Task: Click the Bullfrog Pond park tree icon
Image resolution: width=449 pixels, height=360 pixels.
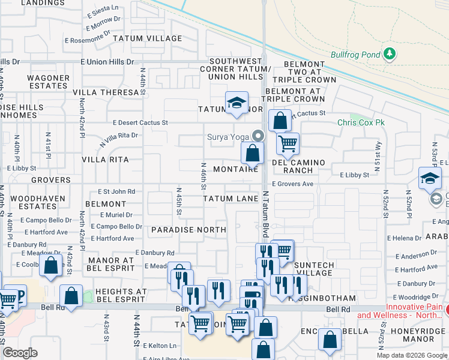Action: (x=390, y=54)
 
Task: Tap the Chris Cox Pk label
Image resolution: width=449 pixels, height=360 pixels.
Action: (x=361, y=122)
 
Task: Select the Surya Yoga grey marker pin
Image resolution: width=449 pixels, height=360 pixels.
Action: (x=258, y=136)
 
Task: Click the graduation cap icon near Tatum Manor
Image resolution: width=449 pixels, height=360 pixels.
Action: (x=237, y=103)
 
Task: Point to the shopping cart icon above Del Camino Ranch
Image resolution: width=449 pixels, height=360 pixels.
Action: (x=288, y=143)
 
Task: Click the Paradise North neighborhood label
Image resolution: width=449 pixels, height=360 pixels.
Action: (x=188, y=230)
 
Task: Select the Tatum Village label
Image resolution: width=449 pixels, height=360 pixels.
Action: (x=152, y=38)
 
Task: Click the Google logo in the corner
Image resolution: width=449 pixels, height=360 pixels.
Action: (x=20, y=353)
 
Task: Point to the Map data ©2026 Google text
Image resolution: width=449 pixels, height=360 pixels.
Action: (x=411, y=355)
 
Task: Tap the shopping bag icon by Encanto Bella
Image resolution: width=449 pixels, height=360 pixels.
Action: (x=330, y=340)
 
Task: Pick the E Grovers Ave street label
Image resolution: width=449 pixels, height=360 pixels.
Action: (x=292, y=184)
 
